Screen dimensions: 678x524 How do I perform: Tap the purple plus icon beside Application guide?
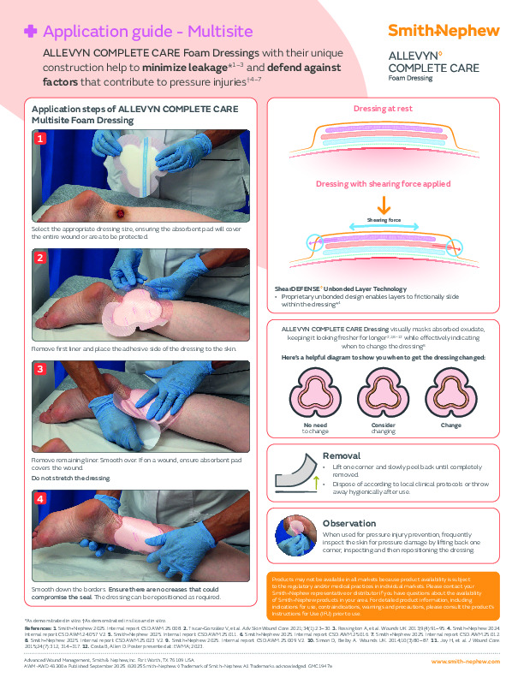[x=31, y=31]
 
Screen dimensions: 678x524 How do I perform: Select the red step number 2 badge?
[x=39, y=257]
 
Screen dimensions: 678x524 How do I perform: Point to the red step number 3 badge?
[x=39, y=370]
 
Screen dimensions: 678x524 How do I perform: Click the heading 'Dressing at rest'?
[x=383, y=110]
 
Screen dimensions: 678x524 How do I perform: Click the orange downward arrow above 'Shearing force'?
[x=383, y=205]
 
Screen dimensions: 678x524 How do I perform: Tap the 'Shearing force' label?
[x=383, y=220]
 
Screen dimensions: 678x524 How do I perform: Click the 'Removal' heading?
[x=340, y=455]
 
